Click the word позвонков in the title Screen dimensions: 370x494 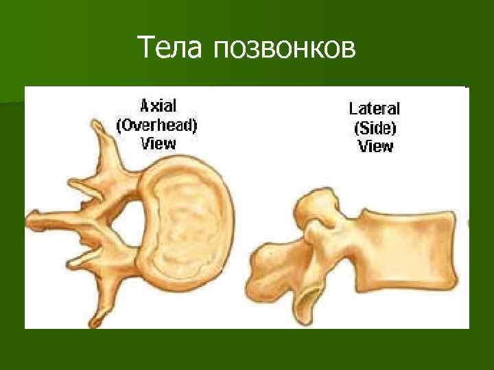click(284, 49)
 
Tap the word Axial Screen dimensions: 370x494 click(158, 106)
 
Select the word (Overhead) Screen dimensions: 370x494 click(158, 125)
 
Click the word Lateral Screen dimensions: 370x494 click(375, 108)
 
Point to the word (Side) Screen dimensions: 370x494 click(375, 127)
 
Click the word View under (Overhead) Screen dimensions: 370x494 click(158, 143)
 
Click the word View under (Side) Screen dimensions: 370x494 click(375, 146)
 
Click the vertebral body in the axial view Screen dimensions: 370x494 click(185, 227)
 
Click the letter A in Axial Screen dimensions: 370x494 click(145, 106)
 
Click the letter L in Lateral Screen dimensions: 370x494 click(353, 108)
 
